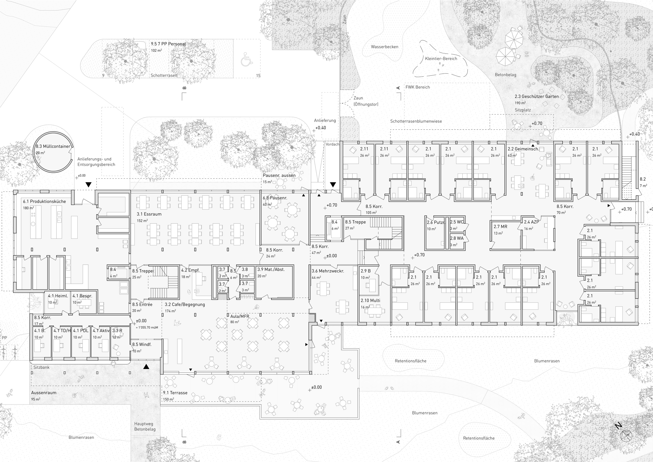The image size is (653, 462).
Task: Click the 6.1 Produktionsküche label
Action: (44, 201)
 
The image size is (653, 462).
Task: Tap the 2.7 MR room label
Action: (500, 227)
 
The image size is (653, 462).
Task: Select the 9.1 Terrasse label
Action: (175, 392)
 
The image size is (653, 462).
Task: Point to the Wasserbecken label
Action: (384, 47)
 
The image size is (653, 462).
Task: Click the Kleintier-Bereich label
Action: (441, 59)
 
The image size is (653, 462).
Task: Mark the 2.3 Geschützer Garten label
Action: (537, 96)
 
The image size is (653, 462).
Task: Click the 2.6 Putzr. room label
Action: (436, 222)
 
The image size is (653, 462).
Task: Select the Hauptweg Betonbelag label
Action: (145, 426)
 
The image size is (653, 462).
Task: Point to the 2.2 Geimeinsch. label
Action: (523, 149)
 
